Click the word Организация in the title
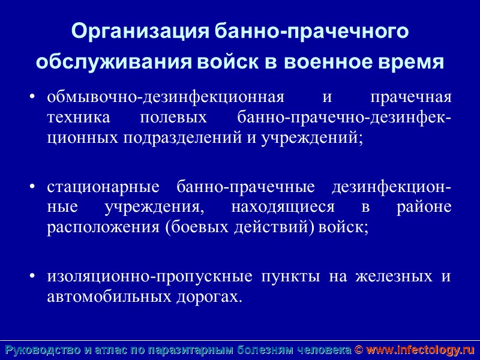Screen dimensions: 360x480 pyautogui.click(x=140, y=31)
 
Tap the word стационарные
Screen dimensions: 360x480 pyautogui.click(x=103, y=187)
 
